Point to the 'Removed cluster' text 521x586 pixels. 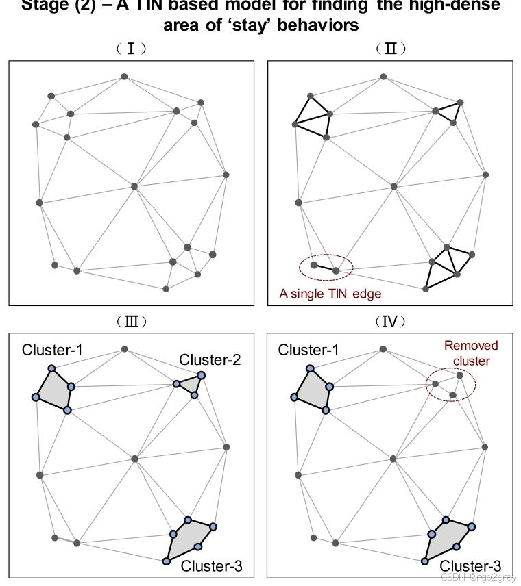471,353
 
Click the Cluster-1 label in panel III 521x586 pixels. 52,351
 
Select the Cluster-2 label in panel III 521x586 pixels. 210,360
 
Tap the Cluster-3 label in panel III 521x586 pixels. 211,566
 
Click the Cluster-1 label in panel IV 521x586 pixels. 308,351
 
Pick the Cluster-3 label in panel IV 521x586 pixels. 470,566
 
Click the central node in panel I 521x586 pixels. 134,186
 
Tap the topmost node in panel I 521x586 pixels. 124,77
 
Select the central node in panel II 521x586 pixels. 393,186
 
